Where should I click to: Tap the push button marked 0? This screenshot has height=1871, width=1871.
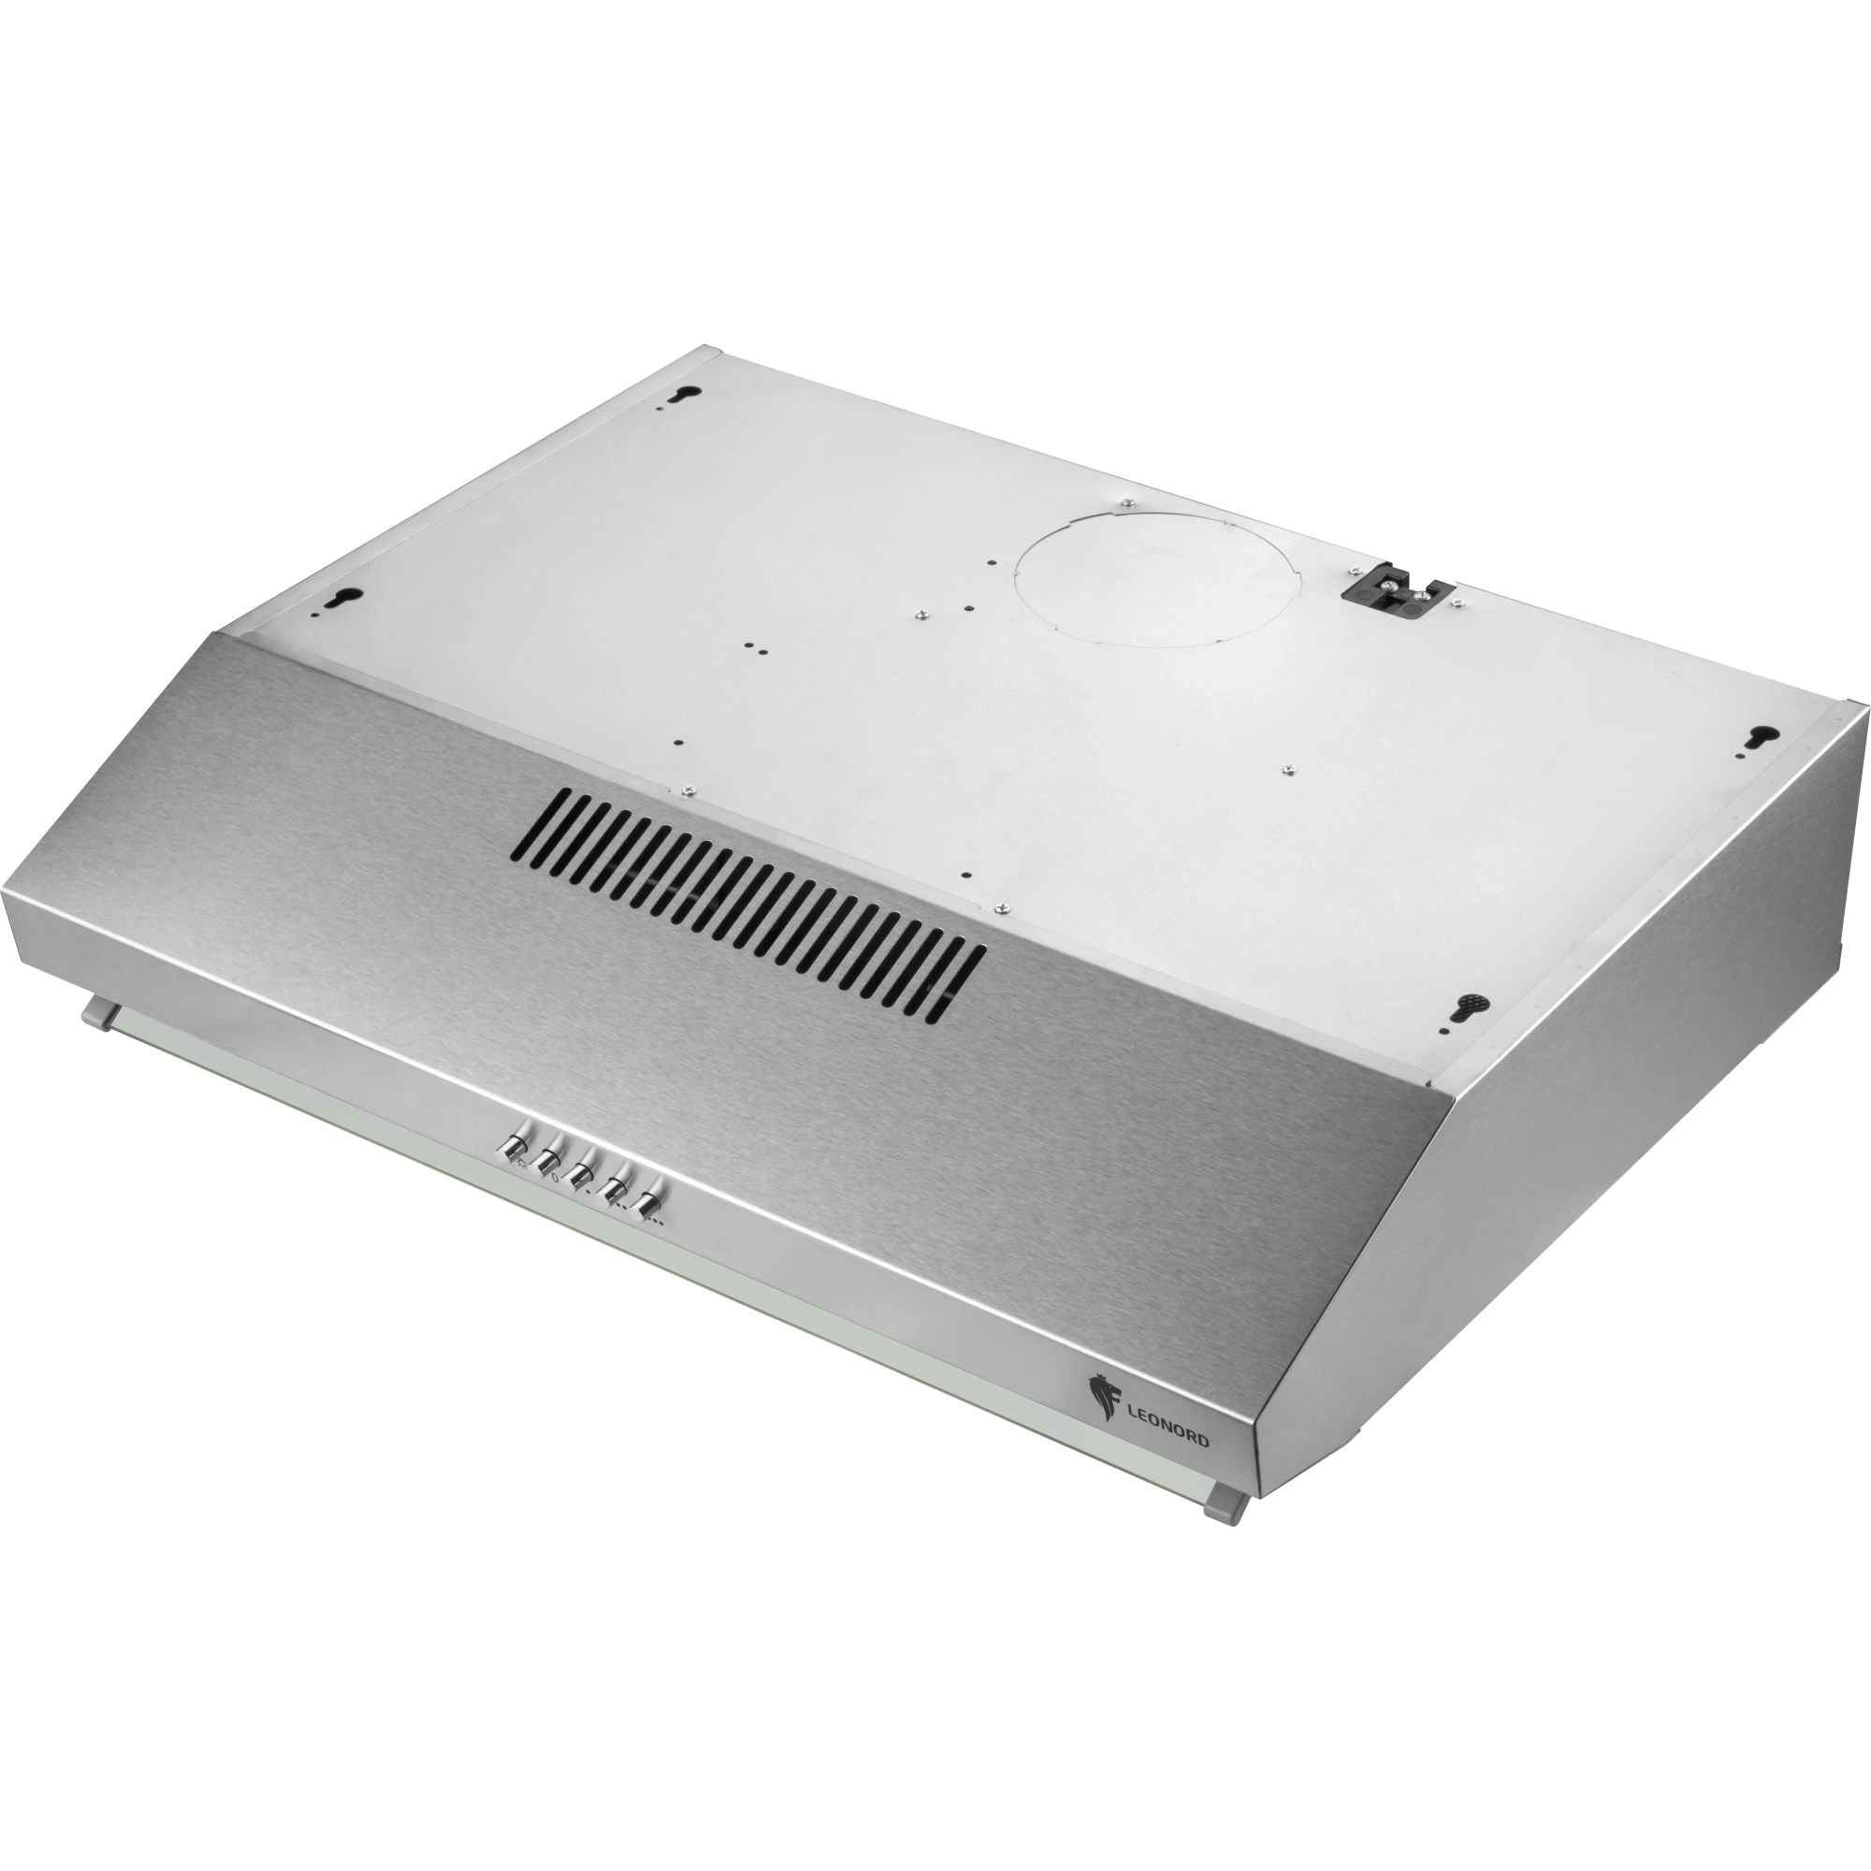tap(548, 1157)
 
